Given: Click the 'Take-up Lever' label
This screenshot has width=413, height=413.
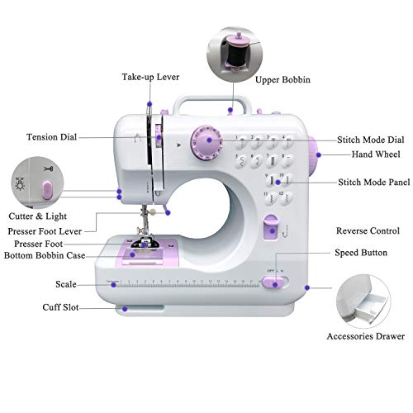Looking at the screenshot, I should pos(150,77).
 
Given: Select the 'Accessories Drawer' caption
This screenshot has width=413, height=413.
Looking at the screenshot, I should pos(366,336).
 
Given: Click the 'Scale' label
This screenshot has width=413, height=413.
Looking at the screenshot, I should pos(66,284).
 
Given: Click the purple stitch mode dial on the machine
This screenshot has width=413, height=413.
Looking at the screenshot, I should pos(205,141).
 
